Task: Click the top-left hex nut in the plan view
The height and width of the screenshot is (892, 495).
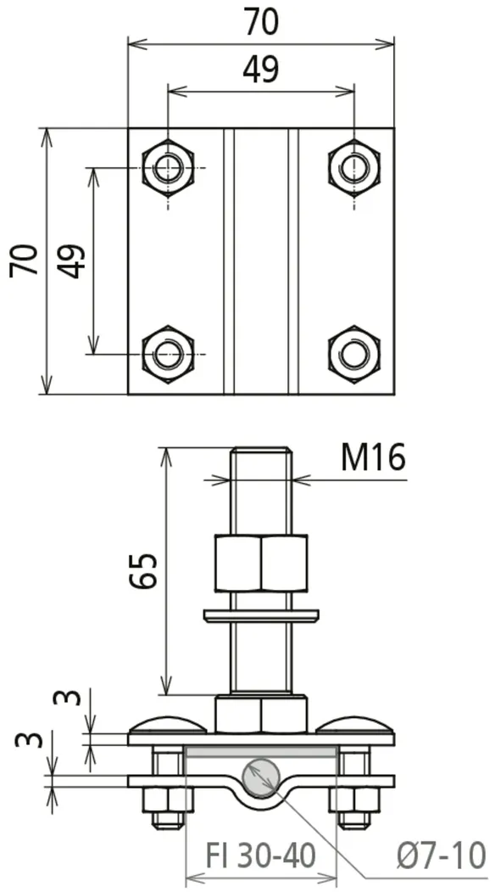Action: click(x=168, y=168)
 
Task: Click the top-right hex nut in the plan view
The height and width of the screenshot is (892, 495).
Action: click(x=354, y=168)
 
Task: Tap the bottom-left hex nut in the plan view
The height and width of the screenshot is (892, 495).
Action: click(x=168, y=354)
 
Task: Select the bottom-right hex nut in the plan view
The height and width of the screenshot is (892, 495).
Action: click(x=354, y=354)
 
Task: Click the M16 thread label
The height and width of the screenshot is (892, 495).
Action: click(x=374, y=458)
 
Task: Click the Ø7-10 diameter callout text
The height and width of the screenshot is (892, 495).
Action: click(x=442, y=855)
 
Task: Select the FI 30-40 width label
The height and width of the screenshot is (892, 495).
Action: click(x=260, y=855)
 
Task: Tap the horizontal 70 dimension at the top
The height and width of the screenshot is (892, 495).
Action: click(x=262, y=23)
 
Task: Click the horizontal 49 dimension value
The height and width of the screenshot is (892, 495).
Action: click(x=261, y=70)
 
